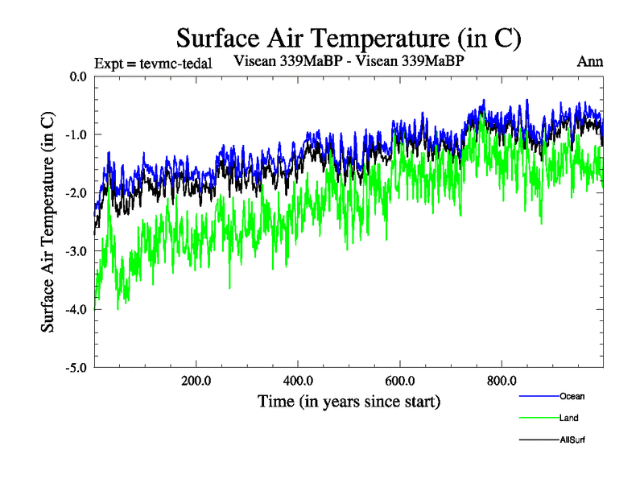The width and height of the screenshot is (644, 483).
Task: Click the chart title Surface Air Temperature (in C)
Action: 349,37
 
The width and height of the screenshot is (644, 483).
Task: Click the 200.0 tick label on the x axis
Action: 196,381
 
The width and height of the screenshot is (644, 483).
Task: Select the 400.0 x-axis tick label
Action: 298,381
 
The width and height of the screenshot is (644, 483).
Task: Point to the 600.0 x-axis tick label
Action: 400,381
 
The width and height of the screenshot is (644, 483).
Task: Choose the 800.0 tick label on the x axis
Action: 502,381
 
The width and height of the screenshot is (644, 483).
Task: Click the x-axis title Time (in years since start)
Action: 349,401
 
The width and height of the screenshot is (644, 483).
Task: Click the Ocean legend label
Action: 572,396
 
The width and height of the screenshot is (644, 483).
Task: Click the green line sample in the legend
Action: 539,418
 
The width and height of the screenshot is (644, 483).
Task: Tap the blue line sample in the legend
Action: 539,396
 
